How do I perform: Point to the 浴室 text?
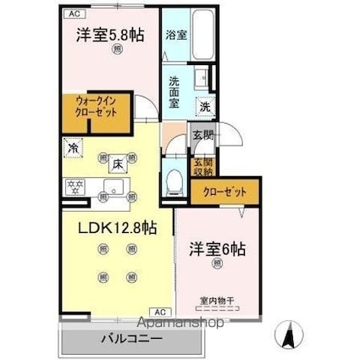point(175,36)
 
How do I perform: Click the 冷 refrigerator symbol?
point(71,147)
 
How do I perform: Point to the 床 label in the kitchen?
point(121,163)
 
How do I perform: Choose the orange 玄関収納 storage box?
point(206,167)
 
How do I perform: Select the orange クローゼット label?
point(223,192)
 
